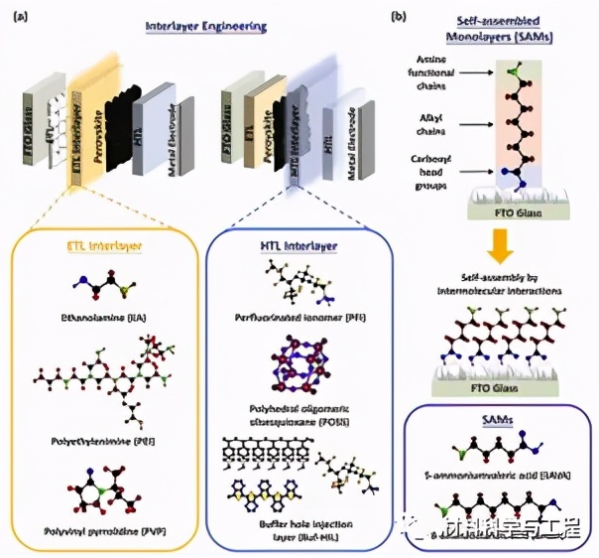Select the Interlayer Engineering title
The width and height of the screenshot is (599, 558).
(205, 26)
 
